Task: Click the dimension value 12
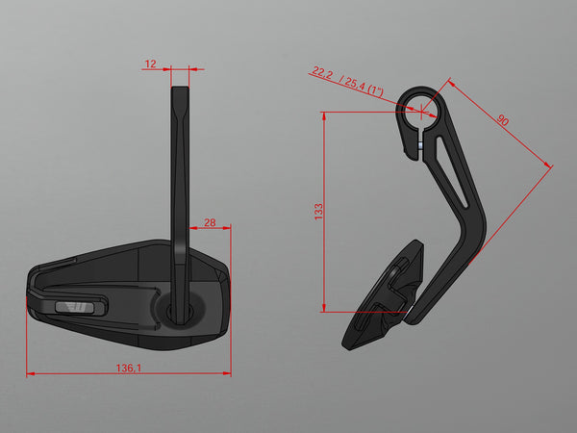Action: (x=150, y=64)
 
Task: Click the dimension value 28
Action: (x=210, y=223)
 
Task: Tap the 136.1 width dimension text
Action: (x=129, y=368)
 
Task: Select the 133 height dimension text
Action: (x=318, y=211)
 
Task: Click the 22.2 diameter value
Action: (x=322, y=72)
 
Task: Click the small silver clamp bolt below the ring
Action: (x=422, y=146)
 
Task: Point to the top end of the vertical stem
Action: (x=181, y=90)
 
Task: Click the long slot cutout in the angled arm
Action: (x=452, y=178)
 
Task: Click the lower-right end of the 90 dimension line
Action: (x=551, y=166)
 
